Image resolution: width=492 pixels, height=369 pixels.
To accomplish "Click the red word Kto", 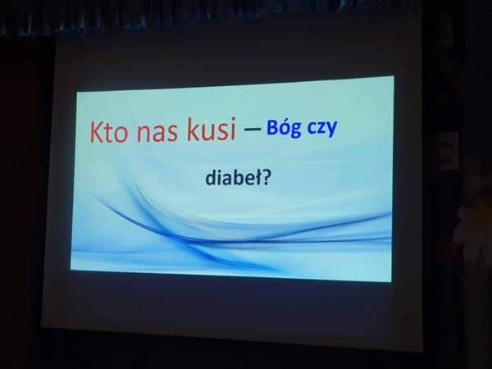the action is tap(109, 132).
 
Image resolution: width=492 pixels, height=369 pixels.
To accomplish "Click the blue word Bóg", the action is tap(284, 129).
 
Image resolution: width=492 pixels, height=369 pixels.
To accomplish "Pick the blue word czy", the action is tap(322, 130).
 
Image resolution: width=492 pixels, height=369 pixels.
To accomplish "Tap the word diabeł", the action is tap(233, 177).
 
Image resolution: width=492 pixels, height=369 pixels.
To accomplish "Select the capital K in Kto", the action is tap(97, 132).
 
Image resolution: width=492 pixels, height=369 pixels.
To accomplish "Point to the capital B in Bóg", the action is tap(272, 127).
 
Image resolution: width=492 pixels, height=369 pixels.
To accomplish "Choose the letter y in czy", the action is tap(331, 130).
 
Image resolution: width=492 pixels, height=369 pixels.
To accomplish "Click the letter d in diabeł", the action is tap(211, 178).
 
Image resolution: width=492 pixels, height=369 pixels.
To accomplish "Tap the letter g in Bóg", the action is tap(295, 131).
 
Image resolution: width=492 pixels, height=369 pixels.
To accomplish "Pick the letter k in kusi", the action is tap(193, 130).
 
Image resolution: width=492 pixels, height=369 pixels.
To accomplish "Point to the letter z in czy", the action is tap(321, 129).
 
